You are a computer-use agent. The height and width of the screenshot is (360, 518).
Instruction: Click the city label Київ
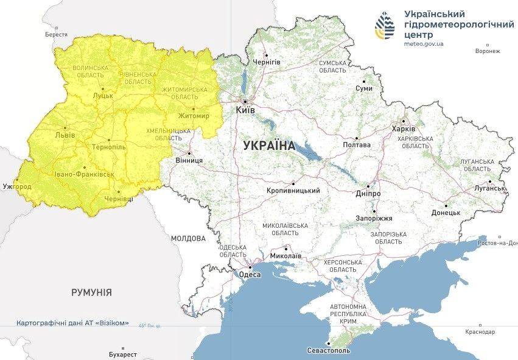click(245, 111)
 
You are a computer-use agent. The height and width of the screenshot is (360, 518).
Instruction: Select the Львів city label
click(65, 135)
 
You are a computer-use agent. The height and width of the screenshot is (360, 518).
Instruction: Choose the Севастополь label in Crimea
click(329, 351)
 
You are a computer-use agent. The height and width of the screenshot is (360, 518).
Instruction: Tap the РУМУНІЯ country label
click(91, 292)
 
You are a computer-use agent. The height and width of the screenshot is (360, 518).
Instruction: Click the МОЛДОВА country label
click(188, 238)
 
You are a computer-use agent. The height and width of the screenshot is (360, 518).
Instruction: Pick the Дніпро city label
click(368, 194)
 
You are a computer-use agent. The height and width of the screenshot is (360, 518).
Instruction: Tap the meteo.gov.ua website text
click(424, 43)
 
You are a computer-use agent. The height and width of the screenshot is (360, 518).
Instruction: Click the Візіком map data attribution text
click(72, 323)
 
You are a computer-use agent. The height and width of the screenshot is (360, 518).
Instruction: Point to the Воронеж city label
click(488, 51)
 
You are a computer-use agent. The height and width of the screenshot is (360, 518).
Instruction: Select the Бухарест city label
click(119, 354)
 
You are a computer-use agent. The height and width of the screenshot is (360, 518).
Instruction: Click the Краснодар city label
click(481, 332)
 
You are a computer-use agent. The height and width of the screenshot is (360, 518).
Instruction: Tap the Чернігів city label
click(267, 62)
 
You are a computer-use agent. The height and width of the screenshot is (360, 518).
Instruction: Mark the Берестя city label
click(56, 35)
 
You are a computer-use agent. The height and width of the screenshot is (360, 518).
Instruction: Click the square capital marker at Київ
click(245, 102)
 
